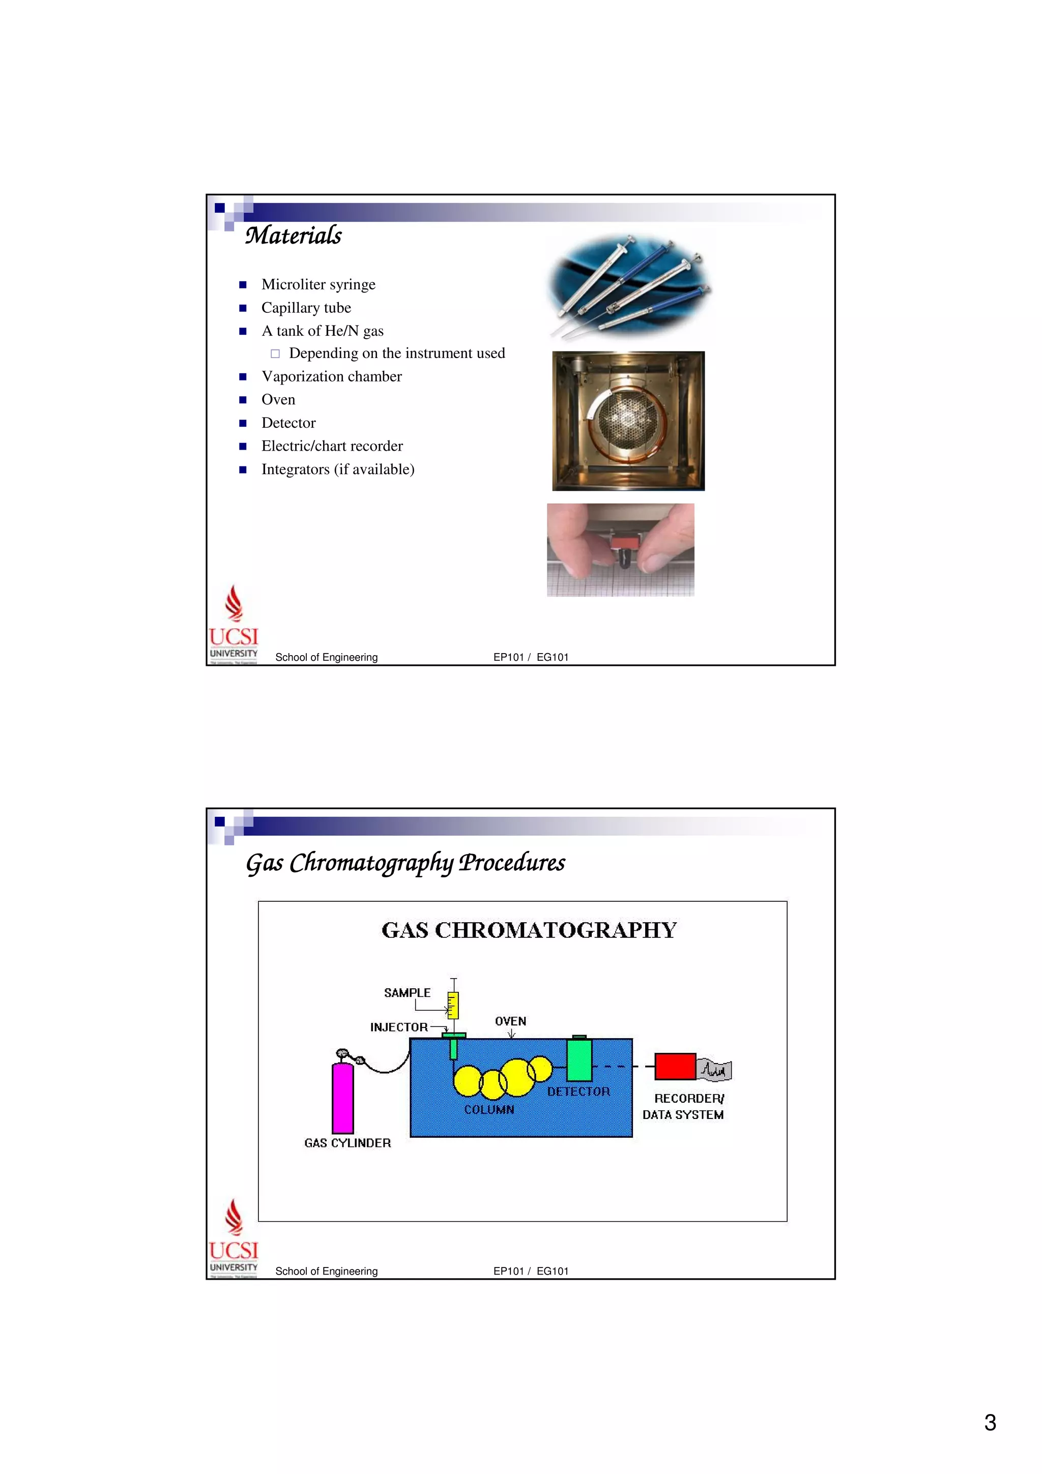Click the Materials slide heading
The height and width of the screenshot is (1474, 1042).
point(294,235)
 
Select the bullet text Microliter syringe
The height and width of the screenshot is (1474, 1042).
point(318,284)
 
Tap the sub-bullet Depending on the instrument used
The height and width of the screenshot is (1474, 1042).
point(396,353)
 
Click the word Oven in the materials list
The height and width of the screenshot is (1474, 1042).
point(278,399)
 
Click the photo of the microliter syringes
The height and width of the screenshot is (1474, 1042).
point(628,287)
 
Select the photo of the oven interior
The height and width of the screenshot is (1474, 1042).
point(628,421)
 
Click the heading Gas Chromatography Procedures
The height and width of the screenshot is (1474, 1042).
point(405,862)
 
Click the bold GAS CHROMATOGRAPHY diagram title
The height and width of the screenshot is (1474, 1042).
point(529,930)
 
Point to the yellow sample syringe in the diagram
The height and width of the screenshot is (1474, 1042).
point(453,1006)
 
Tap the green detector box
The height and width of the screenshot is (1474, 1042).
point(578,1060)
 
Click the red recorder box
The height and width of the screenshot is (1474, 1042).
point(675,1067)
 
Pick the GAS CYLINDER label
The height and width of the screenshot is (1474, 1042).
point(348,1143)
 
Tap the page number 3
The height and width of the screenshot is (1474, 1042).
point(990,1423)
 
